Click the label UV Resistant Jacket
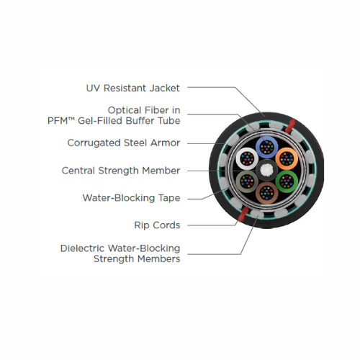[132, 88]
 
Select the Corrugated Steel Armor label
[124, 143]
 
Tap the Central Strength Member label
[121, 171]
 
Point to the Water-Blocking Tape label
[131, 198]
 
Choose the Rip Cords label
[157, 225]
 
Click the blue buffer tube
[267, 147]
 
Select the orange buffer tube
[287, 158]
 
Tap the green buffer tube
[287, 181]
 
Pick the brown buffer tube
[267, 193]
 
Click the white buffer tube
[247, 158]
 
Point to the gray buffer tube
[247, 181]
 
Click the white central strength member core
[267, 170]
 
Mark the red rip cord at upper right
[290, 125]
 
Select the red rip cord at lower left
[243, 214]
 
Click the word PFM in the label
[58, 121]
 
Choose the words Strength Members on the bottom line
[137, 259]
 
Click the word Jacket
[164, 88]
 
